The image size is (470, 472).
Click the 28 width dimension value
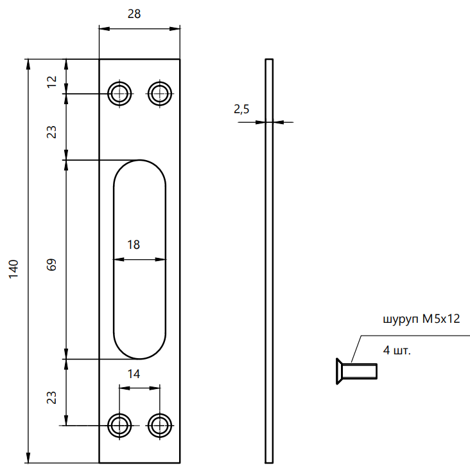point(134,14)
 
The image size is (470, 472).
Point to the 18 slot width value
point(134,244)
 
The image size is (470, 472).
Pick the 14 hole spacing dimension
point(134,373)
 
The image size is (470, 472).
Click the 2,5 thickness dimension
point(242,110)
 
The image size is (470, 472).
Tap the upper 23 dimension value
point(52,132)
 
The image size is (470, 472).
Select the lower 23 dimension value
point(52,397)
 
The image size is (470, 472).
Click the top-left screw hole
point(119,94)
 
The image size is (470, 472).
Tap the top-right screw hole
point(160,94)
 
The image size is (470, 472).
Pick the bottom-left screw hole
point(119,425)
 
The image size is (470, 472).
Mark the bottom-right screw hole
point(160,425)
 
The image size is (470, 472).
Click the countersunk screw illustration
point(356,372)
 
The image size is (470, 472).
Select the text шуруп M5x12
point(421,320)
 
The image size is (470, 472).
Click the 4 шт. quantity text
point(396,350)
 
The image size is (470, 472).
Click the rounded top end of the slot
point(139,168)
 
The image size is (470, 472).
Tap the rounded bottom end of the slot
point(139,350)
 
